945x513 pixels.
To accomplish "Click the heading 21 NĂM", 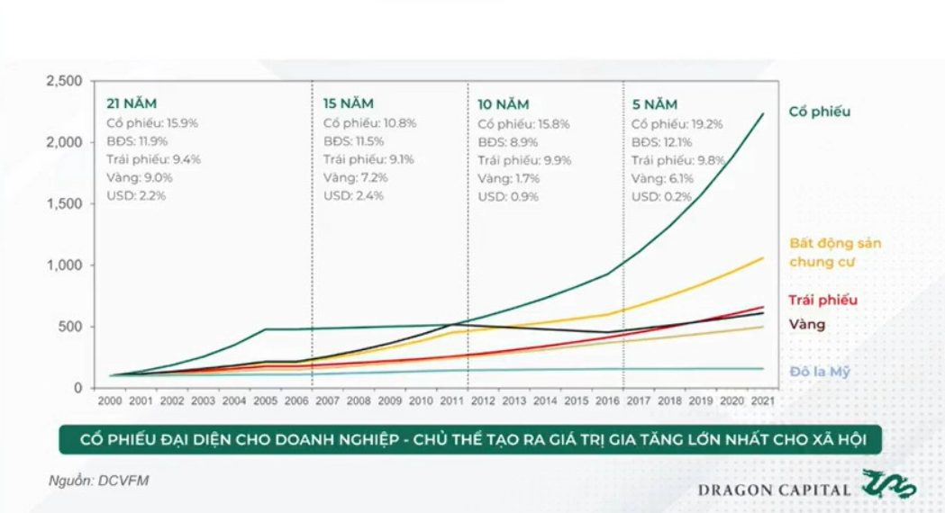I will click(x=138, y=103).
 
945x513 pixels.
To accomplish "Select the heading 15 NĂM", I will click(x=349, y=103).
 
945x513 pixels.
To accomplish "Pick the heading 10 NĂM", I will click(x=504, y=103).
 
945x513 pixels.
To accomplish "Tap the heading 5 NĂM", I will click(x=655, y=103).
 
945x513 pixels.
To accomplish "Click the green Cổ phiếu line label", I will click(x=819, y=112).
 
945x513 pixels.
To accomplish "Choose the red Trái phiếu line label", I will click(x=822, y=301).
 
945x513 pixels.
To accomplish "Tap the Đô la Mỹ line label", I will click(x=820, y=371).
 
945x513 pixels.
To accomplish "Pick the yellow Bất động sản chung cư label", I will click(x=835, y=253).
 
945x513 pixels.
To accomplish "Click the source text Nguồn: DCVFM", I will click(x=98, y=481).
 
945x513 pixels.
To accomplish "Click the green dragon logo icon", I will click(x=889, y=484).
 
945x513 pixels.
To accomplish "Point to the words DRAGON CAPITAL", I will click(x=774, y=490).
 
